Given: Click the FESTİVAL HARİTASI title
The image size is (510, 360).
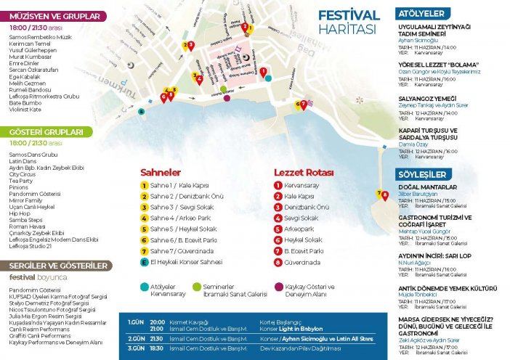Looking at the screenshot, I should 349,22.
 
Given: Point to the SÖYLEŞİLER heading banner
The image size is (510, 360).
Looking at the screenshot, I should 422,176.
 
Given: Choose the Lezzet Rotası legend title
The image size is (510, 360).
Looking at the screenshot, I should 303,173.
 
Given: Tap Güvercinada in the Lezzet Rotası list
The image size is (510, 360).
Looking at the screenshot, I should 301,261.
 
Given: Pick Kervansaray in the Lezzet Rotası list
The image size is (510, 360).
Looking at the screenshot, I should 301,185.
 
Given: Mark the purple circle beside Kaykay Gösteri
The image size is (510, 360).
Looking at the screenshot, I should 278,286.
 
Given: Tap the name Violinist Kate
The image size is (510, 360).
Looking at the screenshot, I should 25,109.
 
